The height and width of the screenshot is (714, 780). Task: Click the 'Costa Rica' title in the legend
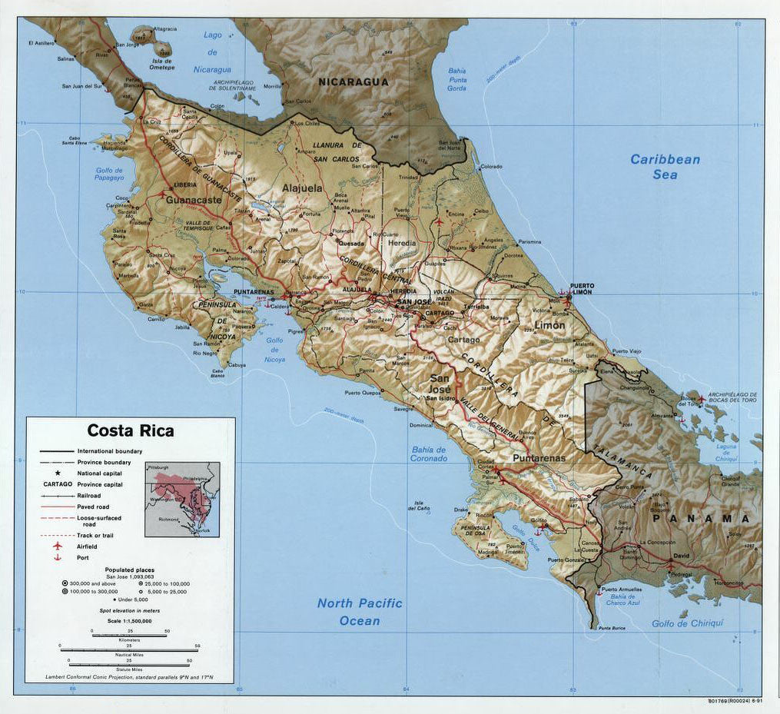click(130, 430)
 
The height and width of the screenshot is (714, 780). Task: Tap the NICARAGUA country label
click(353, 81)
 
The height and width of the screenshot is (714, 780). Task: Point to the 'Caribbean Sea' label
click(665, 167)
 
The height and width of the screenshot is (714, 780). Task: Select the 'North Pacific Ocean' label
click(360, 612)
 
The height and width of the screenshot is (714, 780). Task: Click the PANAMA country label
click(701, 519)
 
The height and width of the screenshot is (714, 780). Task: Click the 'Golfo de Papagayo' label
click(110, 174)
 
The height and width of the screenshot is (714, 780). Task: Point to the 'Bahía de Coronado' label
click(429, 453)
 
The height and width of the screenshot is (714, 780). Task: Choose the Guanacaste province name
click(193, 200)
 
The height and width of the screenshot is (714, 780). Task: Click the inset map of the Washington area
click(182, 499)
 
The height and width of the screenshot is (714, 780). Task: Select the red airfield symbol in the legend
click(57, 546)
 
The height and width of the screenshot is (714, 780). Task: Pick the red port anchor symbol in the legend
click(57, 557)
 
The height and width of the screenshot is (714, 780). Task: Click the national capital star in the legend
click(57, 473)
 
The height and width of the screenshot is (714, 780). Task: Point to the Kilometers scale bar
click(129, 633)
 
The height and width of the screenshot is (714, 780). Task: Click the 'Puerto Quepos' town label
click(363, 393)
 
